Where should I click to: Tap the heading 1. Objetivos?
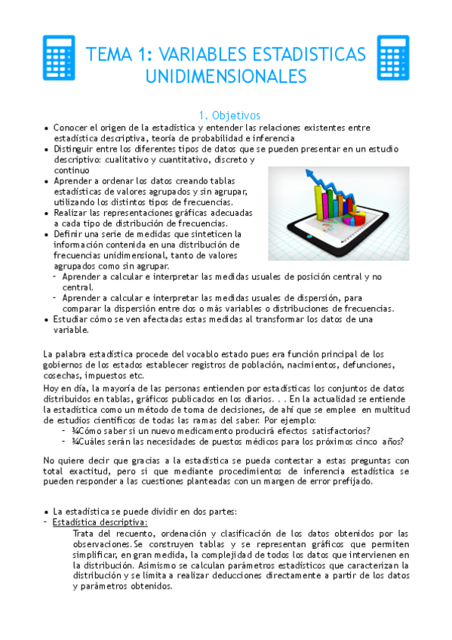[229, 115]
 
